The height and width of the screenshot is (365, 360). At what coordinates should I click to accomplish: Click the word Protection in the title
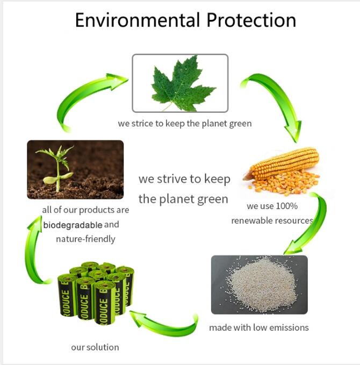(250, 20)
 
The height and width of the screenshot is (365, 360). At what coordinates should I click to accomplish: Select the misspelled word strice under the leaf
(141, 124)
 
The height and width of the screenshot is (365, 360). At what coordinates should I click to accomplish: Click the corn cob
(282, 164)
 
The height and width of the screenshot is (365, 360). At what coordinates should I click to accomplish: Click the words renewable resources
(272, 220)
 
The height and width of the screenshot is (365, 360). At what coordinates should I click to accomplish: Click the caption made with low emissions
(259, 327)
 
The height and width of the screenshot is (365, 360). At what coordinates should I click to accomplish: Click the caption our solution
(95, 347)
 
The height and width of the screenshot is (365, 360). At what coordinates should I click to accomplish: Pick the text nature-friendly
(85, 239)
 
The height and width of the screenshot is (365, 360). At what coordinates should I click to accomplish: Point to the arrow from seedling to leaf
(89, 99)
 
